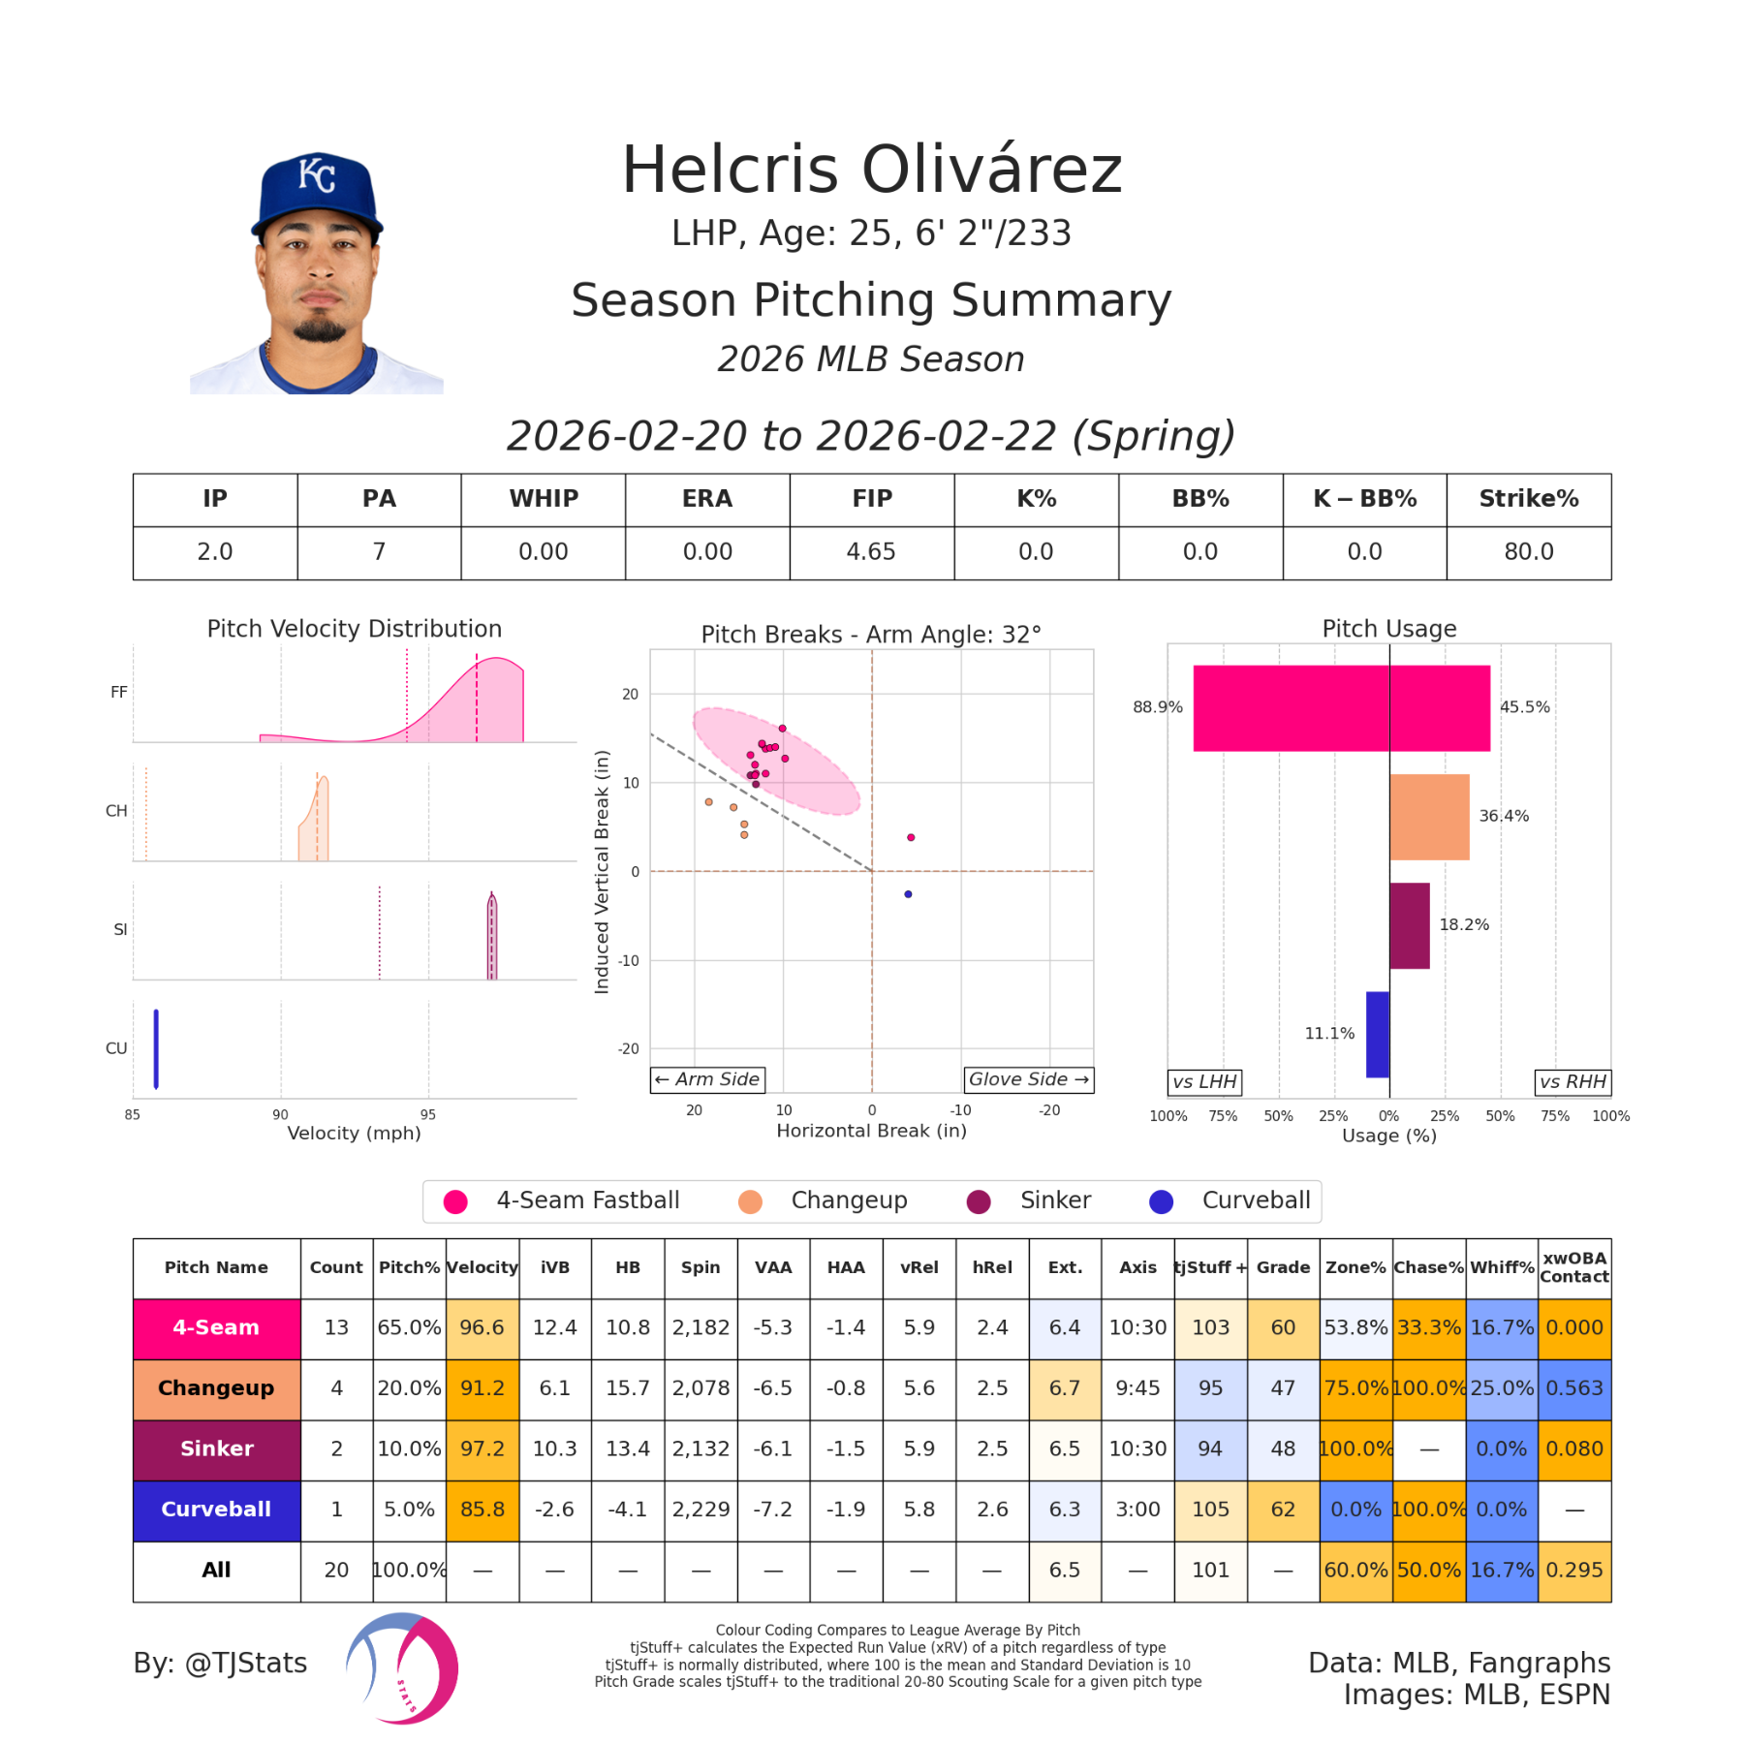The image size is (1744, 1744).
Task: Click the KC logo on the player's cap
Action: coord(316,174)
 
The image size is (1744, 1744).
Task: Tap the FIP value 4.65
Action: coord(871,552)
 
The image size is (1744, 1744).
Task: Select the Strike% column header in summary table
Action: coord(1528,499)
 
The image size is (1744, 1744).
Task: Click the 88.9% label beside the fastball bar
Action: coord(1157,707)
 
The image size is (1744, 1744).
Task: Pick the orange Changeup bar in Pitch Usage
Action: coord(1428,817)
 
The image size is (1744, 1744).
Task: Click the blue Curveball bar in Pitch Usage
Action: coord(1377,1034)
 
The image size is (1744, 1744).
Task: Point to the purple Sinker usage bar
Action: coord(1409,925)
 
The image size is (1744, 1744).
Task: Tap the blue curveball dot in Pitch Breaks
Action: coord(908,894)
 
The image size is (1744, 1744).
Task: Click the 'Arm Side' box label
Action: coord(707,1079)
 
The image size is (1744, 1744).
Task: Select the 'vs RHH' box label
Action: coord(1573,1082)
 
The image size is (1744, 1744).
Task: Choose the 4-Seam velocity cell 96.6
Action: coord(482,1327)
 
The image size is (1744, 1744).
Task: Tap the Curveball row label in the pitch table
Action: coord(216,1510)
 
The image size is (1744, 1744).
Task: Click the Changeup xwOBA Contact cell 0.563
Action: coord(1573,1388)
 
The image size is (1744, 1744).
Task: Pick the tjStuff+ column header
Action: coord(1210,1267)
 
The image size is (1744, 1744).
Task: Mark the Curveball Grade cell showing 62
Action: coord(1283,1510)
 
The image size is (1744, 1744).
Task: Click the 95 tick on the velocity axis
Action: coord(428,1115)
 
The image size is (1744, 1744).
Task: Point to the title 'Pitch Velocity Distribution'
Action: coord(355,629)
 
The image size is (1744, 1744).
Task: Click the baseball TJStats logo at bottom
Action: coord(402,1668)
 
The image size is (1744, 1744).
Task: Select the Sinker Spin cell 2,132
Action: coord(701,1448)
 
